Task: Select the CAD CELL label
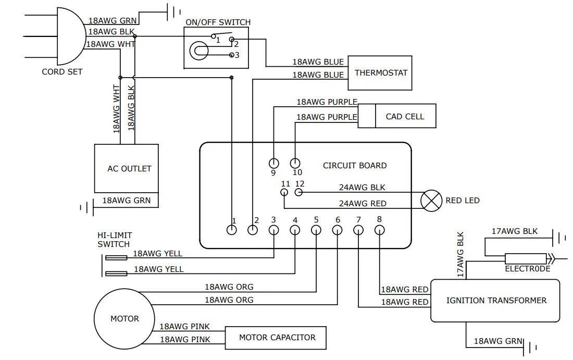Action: (x=405, y=117)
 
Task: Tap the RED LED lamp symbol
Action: (x=431, y=200)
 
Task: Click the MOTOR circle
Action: (x=124, y=319)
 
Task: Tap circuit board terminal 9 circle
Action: (x=273, y=163)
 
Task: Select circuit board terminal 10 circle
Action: (x=295, y=163)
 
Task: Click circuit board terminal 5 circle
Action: (x=316, y=230)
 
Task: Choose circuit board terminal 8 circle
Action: (x=380, y=230)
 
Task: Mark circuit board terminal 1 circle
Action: (x=232, y=230)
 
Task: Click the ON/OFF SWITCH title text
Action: (x=218, y=22)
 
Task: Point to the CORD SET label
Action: (x=62, y=71)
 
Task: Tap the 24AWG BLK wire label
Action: (x=362, y=188)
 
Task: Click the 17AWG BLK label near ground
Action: (x=515, y=231)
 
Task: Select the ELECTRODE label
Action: (x=527, y=269)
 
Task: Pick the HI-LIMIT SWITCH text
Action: (x=115, y=240)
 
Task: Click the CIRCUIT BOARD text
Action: (x=355, y=166)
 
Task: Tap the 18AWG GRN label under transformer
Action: (x=498, y=341)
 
